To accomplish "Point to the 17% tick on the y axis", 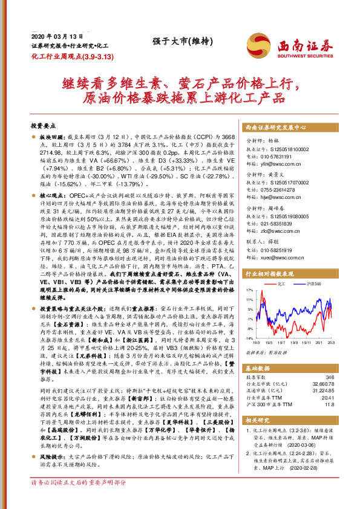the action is point(249,290).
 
